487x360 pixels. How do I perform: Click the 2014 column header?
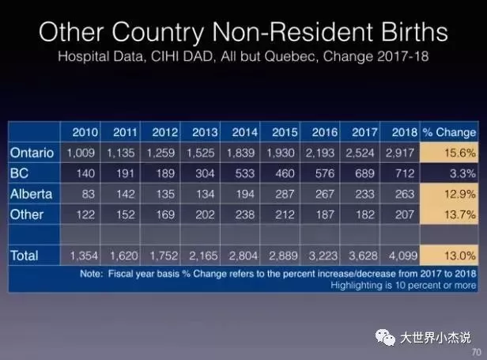click(245, 132)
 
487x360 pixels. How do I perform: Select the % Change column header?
click(449, 132)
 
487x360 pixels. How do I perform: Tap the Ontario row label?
click(32, 153)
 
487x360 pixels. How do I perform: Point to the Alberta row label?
click(31, 194)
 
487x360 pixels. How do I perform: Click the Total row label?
click(25, 256)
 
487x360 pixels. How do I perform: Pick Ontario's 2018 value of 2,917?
click(400, 153)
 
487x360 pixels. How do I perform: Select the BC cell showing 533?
click(245, 173)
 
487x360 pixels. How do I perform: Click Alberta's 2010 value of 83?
click(89, 194)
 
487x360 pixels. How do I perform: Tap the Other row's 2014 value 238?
click(245, 214)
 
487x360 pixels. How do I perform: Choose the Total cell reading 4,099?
click(403, 256)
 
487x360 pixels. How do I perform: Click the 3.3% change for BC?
click(462, 173)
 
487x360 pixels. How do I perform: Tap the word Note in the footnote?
click(91, 274)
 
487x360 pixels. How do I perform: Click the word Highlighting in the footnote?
click(357, 286)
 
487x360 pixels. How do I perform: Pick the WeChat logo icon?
click(385, 337)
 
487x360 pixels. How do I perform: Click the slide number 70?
click(476, 352)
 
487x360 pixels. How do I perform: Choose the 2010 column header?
click(85, 132)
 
